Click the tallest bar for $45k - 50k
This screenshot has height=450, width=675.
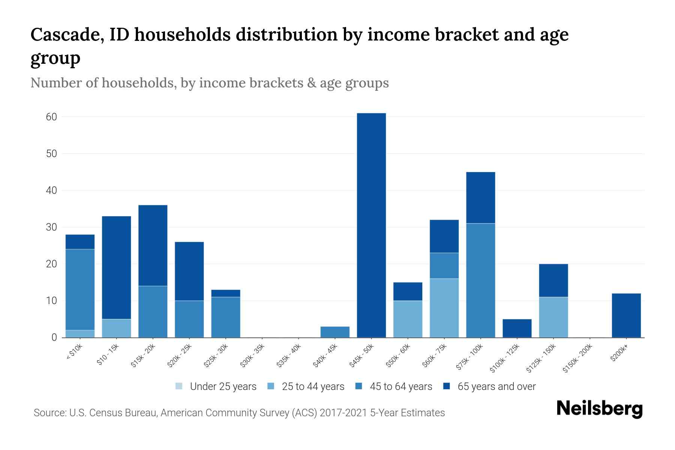tap(371, 225)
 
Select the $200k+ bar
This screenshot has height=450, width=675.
tap(626, 315)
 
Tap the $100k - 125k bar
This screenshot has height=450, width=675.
tap(517, 328)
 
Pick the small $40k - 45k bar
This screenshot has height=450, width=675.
tap(335, 332)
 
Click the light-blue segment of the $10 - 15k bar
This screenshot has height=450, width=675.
tap(117, 328)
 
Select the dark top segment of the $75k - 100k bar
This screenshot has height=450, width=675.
tap(480, 198)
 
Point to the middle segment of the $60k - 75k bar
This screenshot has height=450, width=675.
tap(444, 265)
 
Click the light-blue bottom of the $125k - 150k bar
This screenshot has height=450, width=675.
tap(553, 317)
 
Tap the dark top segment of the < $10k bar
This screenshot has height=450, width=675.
tap(80, 242)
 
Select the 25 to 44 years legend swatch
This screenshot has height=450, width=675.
tap(271, 386)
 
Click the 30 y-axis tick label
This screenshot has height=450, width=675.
tap(52, 227)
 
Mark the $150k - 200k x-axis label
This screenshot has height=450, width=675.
tap(578, 358)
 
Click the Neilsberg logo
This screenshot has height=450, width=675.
tap(599, 409)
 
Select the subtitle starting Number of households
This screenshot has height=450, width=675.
tap(209, 83)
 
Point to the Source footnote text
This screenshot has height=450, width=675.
tap(239, 413)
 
